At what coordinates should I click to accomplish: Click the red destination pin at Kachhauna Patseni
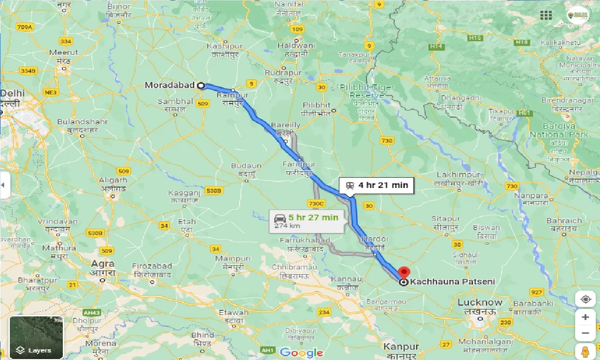pos(403,273)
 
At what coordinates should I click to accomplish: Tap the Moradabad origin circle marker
pos(201,85)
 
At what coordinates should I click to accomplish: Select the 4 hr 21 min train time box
pos(377,185)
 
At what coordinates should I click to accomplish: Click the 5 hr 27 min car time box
pos(307,221)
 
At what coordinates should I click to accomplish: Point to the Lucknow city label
pos(480,302)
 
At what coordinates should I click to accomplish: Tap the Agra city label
pos(102,264)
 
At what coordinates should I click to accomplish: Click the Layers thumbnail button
pos(36,337)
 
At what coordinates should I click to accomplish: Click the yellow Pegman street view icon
pos(585,351)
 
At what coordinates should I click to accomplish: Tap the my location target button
pos(585,300)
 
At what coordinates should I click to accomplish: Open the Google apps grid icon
pos(546,15)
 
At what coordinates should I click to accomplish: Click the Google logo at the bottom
pos(301,352)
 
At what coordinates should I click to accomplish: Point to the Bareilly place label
pos(285,125)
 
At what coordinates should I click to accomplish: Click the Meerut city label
pos(60,52)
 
